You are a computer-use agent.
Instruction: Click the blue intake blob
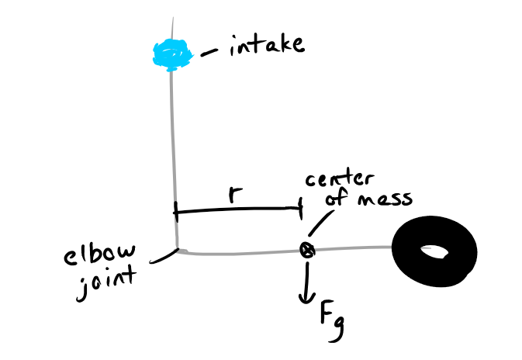(172, 55)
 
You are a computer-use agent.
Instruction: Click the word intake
(267, 45)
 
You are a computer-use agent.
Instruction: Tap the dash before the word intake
(209, 53)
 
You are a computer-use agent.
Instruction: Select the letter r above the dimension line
(235, 194)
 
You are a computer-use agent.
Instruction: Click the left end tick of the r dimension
(176, 212)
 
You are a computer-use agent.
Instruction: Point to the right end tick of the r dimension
(301, 209)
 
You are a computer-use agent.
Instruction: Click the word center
(340, 178)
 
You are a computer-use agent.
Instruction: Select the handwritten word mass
(385, 199)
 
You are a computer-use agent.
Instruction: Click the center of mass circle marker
(307, 250)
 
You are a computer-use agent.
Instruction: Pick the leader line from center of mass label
(321, 223)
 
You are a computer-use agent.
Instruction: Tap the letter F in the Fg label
(327, 312)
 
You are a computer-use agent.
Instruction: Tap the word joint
(105, 283)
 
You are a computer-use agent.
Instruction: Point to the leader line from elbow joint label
(163, 257)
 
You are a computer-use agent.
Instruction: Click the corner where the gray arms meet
(177, 251)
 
